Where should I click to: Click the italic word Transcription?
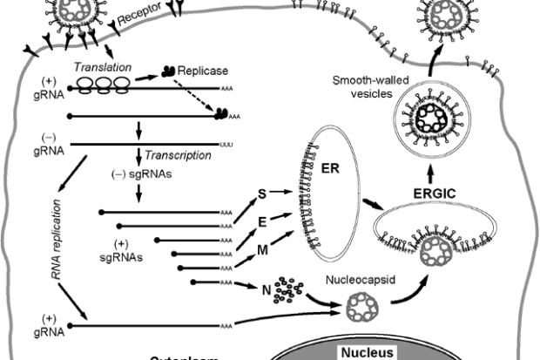(x=179, y=155)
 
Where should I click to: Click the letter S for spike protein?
(x=260, y=193)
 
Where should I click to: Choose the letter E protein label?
(x=261, y=223)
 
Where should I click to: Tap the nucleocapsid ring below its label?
(x=359, y=307)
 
